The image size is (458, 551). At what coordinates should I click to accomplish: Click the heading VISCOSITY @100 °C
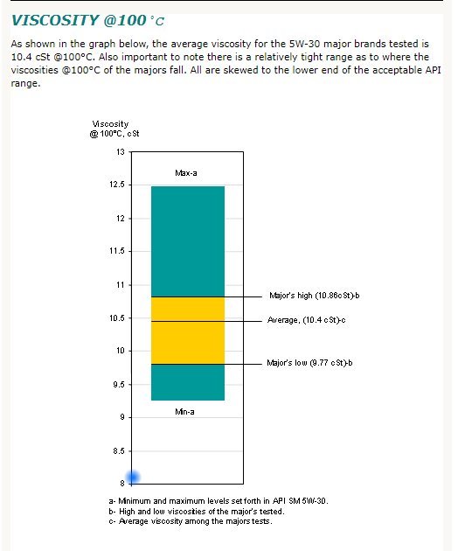(x=87, y=20)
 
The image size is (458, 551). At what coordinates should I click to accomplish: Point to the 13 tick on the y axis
(x=121, y=152)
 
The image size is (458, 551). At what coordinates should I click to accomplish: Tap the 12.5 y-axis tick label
(x=117, y=185)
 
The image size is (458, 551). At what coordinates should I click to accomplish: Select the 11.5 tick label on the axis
(x=117, y=251)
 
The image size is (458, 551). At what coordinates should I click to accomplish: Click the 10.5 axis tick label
(x=117, y=318)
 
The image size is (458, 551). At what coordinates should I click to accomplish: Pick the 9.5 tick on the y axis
(x=119, y=385)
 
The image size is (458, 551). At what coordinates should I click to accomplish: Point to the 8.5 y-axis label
(x=119, y=450)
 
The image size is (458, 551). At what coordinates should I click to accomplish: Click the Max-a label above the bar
(x=186, y=173)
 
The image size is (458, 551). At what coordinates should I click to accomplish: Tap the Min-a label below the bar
(x=184, y=411)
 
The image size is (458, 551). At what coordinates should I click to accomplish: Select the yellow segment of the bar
(x=188, y=331)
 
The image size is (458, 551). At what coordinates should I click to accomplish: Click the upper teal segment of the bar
(x=188, y=241)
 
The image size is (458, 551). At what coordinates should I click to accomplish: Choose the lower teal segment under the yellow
(x=188, y=382)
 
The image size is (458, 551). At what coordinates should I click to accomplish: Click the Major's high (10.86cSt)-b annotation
(x=315, y=296)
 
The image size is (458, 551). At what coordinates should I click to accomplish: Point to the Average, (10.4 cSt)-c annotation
(x=306, y=320)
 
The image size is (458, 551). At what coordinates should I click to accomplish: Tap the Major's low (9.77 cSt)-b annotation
(x=309, y=363)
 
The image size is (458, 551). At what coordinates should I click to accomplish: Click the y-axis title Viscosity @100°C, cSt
(x=114, y=129)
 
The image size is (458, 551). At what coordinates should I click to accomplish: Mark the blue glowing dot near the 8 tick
(x=133, y=478)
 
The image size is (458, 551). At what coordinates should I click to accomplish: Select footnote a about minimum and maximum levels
(x=219, y=501)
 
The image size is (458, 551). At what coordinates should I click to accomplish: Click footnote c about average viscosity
(x=191, y=521)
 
